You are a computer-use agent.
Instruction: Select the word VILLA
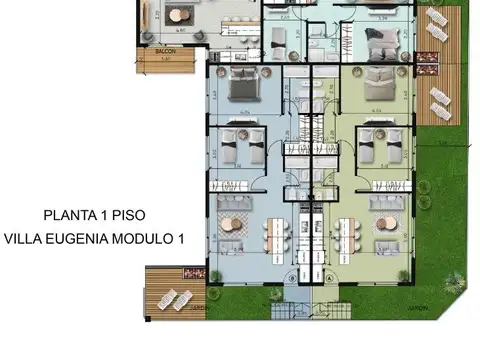point(24,239)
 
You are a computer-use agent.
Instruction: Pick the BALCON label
point(166,50)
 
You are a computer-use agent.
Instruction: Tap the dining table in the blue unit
point(275,235)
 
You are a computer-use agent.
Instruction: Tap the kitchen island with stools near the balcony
point(234,15)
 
